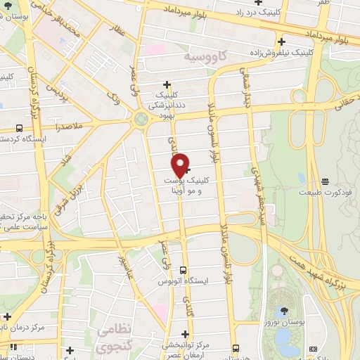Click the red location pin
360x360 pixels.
point(180,164)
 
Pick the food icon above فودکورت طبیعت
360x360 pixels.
point(324,181)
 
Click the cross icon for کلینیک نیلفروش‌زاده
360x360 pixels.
point(281,41)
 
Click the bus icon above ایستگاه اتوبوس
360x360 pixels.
point(183,270)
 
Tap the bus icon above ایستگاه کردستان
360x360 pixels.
point(18,129)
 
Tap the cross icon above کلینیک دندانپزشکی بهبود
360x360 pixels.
point(166,84)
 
